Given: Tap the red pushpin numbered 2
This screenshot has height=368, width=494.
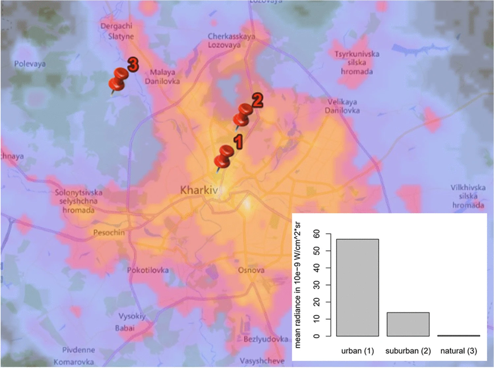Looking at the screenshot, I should pos(243,115).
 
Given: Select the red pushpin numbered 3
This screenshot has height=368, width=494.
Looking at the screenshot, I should pos(118,79).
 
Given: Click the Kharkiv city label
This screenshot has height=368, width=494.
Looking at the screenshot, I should pos(199,190).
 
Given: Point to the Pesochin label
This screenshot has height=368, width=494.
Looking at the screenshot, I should pos(109,232).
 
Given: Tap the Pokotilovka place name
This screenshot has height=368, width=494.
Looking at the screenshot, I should pos(148,270).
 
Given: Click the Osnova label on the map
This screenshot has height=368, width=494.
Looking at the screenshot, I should pos(251,270).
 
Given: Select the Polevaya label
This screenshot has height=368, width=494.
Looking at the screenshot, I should pos(30,64).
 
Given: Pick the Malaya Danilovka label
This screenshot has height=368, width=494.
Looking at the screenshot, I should pos(162,77).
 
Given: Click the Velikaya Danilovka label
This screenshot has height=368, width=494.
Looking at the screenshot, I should pos(342,106).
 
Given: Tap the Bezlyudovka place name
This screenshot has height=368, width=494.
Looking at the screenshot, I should pos(266,339).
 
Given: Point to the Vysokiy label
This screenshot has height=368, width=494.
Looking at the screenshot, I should pos(132,316).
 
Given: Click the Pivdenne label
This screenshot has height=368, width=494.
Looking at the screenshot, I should pos(78,350).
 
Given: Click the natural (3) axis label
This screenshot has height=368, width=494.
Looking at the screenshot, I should pos(458,351).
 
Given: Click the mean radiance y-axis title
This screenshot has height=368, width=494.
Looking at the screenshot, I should pos(297,285).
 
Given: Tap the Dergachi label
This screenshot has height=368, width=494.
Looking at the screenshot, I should pos(116,26).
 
